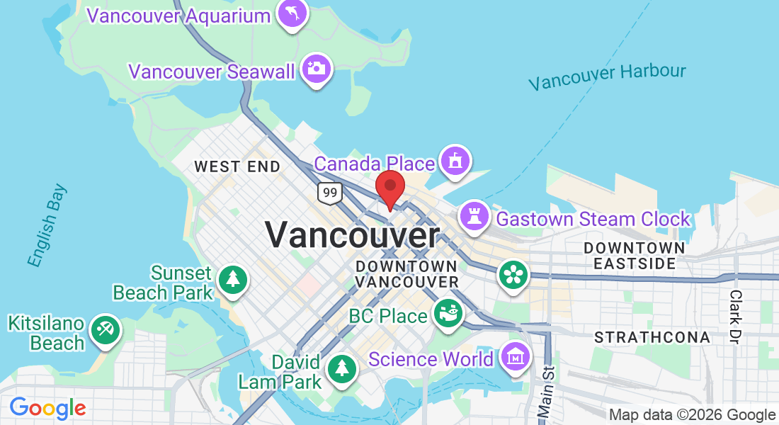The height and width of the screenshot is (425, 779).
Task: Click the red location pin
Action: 389,187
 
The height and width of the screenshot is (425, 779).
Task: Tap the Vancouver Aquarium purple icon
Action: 292,13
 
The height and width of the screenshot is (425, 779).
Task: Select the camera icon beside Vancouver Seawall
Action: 317,69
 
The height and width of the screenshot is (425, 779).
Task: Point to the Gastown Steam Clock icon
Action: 474,216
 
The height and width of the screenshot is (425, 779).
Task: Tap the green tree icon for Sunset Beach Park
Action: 232,278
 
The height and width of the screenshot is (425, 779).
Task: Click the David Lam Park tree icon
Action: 342,368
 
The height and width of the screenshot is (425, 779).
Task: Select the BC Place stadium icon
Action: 448,313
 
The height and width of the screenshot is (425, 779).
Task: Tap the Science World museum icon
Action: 515,356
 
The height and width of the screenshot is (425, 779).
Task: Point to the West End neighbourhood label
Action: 237,167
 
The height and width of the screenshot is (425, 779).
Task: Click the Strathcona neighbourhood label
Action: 652,337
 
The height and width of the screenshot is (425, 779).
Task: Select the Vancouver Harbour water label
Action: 608,76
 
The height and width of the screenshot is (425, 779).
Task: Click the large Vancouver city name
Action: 353,234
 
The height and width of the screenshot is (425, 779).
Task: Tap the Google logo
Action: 47,408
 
